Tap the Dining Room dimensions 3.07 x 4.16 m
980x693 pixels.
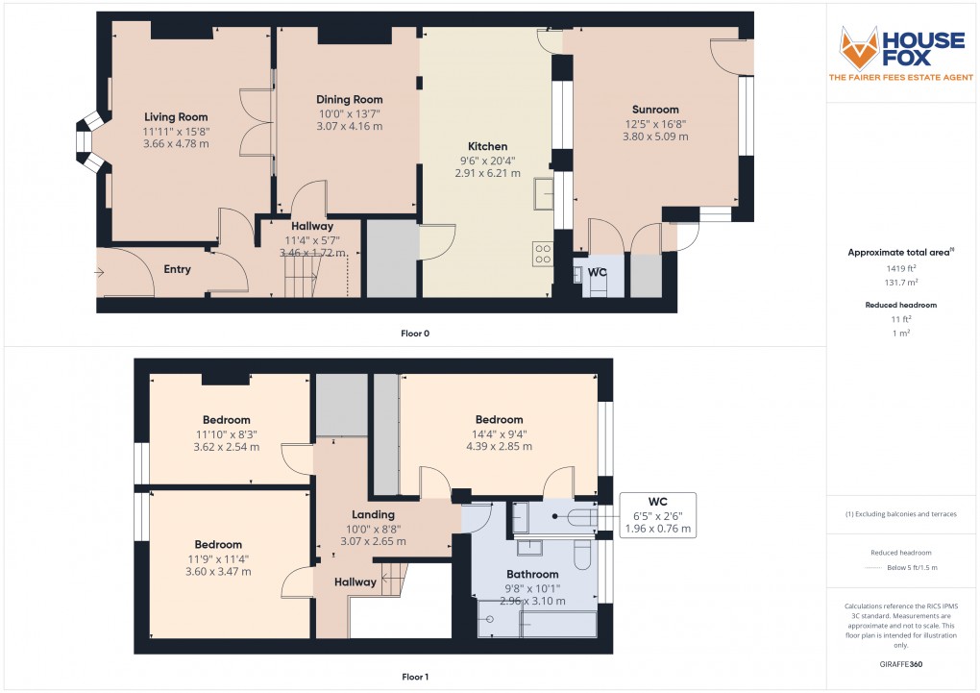point(350,126)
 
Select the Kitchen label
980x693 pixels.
point(487,146)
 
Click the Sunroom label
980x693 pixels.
point(655,110)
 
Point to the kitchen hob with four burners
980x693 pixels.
point(543,253)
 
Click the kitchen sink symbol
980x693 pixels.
point(543,191)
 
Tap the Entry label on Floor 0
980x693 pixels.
point(177,269)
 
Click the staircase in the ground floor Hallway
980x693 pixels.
point(302,279)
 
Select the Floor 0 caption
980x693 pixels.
point(415,334)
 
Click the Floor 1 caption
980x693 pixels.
point(415,678)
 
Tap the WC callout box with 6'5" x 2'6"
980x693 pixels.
point(657,515)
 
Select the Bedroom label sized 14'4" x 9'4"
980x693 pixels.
point(499,419)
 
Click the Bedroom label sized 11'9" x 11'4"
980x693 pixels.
point(222,544)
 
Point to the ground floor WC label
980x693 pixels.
point(597,272)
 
